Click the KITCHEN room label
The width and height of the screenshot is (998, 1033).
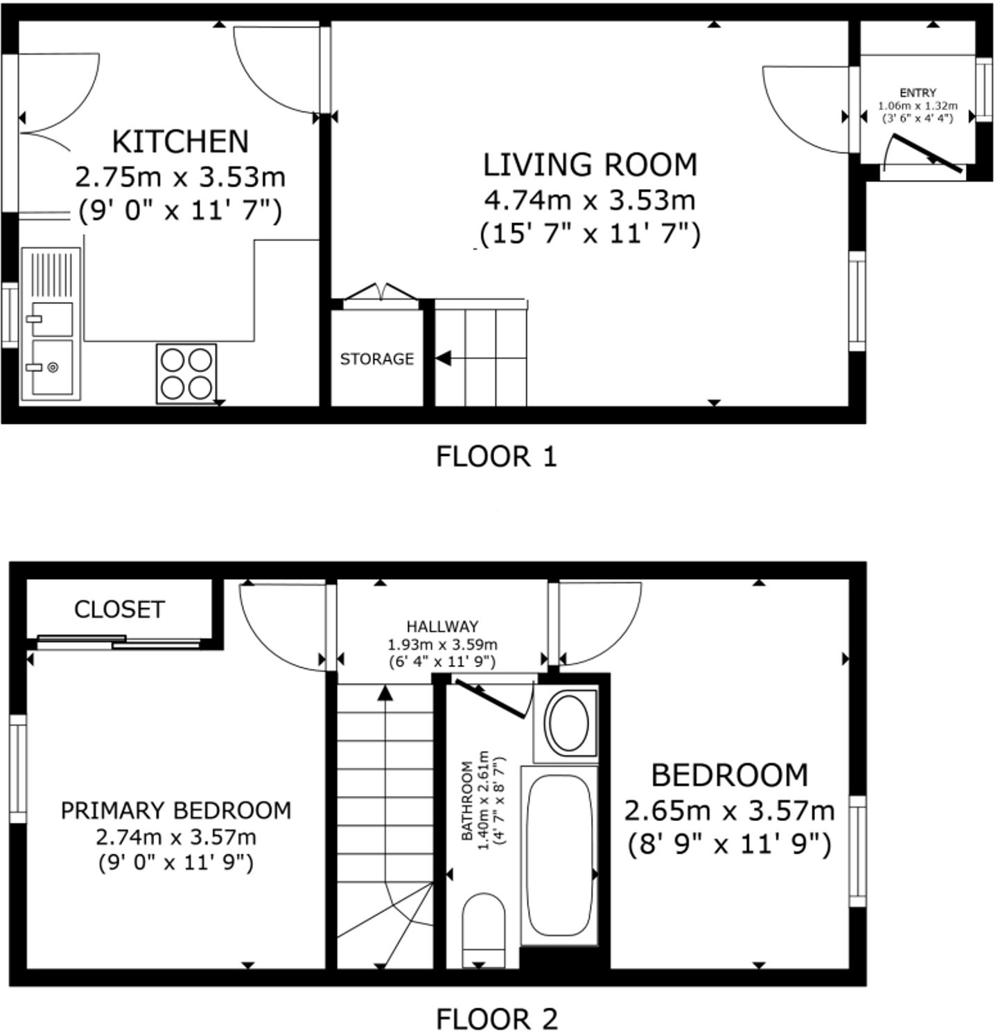point(180,142)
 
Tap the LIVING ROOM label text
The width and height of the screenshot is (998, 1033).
point(590,165)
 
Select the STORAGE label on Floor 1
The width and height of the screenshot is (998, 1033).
point(376,359)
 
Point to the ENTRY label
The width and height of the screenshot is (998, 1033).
point(918,93)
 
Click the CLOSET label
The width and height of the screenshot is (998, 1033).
point(119,610)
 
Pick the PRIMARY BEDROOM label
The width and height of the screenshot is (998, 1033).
point(176,810)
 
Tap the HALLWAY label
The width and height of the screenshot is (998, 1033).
point(442,626)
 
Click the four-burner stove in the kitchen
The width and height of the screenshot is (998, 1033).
point(186,374)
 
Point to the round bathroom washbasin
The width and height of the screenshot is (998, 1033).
point(568,723)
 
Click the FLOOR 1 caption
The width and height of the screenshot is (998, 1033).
point(496,457)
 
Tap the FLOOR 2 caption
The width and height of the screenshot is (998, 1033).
point(496,1019)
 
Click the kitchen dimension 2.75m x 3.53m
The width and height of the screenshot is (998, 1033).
point(180,177)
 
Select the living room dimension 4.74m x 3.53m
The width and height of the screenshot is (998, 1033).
point(590,200)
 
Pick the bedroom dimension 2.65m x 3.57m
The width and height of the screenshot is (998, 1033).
point(729,810)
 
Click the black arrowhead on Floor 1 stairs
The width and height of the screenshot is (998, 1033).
point(444,358)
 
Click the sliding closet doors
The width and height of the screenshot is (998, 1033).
point(118,642)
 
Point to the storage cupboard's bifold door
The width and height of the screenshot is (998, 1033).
point(381,292)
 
